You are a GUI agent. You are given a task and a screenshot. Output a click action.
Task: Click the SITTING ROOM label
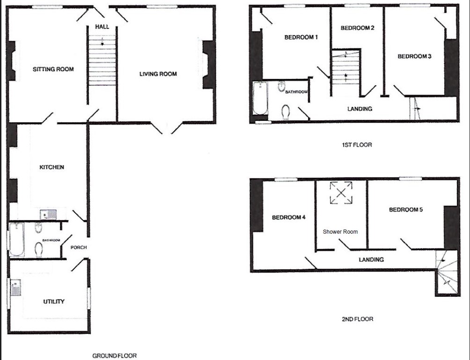point(53,69)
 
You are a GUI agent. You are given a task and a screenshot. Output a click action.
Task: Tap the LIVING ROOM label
point(158,74)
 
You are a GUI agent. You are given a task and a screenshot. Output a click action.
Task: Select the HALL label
point(102,27)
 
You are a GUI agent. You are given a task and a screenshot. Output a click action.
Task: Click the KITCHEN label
point(51,167)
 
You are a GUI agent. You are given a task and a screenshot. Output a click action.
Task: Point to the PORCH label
point(78,247)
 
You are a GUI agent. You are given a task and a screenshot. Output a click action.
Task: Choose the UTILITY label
point(53,301)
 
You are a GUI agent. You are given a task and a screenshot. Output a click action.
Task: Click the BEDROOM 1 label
point(301,37)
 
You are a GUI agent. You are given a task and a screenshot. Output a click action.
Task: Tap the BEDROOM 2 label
point(357,28)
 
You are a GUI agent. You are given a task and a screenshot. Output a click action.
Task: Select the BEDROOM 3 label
point(414,56)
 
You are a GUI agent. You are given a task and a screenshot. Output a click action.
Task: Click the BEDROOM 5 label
point(406,210)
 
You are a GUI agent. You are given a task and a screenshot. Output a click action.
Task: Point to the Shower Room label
point(340,232)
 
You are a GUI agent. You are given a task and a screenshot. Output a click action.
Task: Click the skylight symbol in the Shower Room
point(341,193)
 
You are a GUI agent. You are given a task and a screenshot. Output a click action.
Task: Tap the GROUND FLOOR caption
point(114,356)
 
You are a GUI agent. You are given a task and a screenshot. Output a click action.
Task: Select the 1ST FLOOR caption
point(357,145)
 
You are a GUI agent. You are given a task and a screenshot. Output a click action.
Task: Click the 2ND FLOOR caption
point(357,319)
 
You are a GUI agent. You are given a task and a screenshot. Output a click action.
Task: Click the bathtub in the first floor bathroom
point(259,99)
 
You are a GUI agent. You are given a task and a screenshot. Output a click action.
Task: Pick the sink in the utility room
point(15,287)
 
